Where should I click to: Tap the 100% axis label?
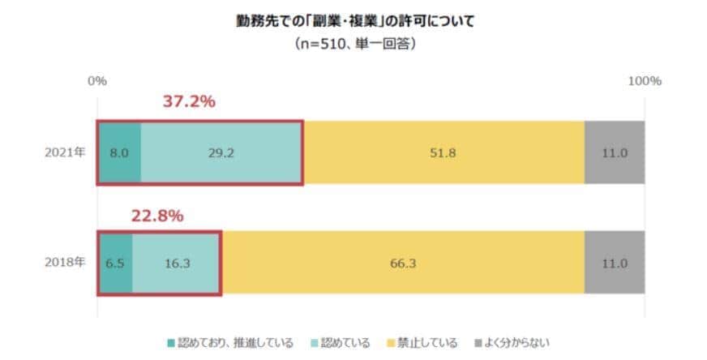645,81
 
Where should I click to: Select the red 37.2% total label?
189,102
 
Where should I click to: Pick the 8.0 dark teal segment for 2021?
119,152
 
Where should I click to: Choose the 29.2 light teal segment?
221,152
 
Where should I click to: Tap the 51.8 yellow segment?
443,152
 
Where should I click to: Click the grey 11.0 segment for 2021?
615,152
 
